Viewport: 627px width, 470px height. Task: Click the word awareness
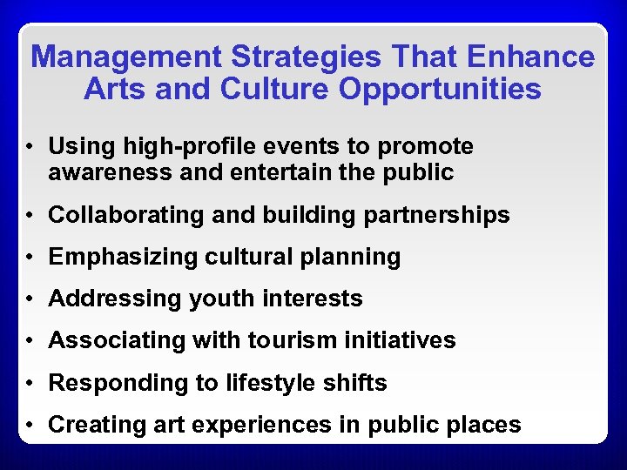pyautogui.click(x=104, y=172)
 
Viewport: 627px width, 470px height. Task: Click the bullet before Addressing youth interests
pyautogui.click(x=30, y=299)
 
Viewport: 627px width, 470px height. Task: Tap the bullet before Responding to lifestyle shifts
pyautogui.click(x=30, y=383)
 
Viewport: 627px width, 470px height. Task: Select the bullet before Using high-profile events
pyautogui.click(x=30, y=147)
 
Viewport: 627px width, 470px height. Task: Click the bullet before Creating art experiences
pyautogui.click(x=30, y=426)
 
